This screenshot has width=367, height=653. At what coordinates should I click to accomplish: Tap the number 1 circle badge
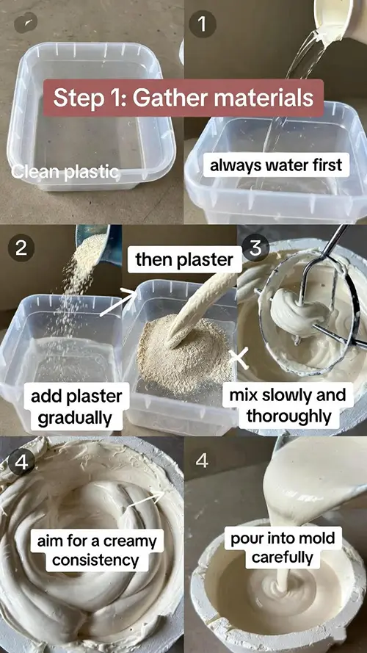coord(203,24)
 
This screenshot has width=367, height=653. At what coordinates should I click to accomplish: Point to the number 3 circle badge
coord(255,248)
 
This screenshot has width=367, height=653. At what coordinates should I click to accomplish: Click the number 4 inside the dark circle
coord(21,461)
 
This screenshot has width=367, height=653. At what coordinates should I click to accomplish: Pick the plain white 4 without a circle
coord(202,461)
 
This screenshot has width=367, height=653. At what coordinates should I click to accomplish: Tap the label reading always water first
coord(276,165)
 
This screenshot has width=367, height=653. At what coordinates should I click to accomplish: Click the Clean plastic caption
coord(65,172)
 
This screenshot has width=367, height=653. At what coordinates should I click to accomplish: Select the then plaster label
coord(184,259)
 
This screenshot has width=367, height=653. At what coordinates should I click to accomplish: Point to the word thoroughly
coord(289,416)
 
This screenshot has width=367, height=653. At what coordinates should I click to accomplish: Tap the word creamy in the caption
coord(130,541)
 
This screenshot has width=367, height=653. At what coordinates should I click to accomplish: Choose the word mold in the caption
coord(319,538)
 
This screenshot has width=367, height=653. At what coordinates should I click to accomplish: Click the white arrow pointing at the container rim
coord(119,303)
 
